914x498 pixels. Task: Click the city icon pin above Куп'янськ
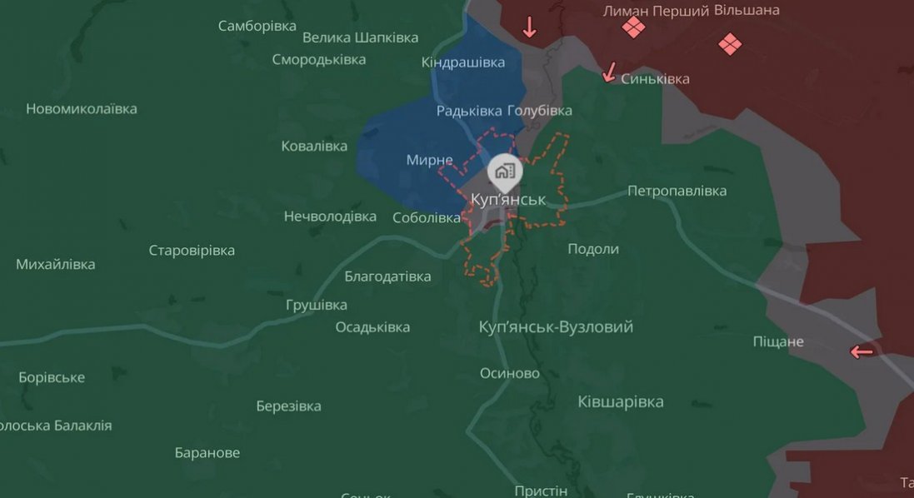(x=504, y=171)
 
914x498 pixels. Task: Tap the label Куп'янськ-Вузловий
(x=556, y=327)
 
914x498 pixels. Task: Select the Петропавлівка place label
(x=677, y=191)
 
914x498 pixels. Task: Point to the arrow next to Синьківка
(x=610, y=73)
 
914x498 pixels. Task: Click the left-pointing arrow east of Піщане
(x=862, y=352)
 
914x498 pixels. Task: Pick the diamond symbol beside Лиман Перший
(x=633, y=28)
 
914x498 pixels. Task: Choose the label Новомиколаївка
(x=82, y=109)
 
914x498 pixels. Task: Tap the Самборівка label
(x=257, y=26)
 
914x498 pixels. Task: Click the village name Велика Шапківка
(x=360, y=37)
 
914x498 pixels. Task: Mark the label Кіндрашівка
(x=463, y=63)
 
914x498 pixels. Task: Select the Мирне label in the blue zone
(x=429, y=160)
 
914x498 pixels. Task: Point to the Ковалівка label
(x=314, y=147)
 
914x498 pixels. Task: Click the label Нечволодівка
(x=330, y=217)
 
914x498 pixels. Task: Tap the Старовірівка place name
(x=192, y=251)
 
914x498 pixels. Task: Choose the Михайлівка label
(x=56, y=265)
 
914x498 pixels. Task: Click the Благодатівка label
(x=387, y=276)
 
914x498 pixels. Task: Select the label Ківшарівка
(x=621, y=402)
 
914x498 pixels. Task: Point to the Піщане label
(x=778, y=341)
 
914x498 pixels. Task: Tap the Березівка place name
(x=288, y=406)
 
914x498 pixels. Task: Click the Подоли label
(x=593, y=249)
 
